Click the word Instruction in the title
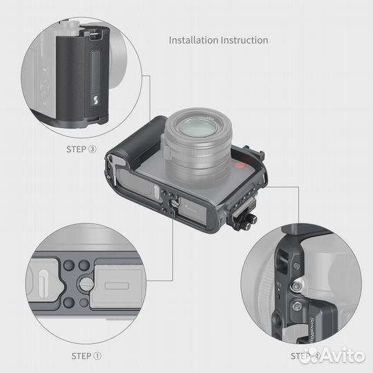[x=244, y=40]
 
